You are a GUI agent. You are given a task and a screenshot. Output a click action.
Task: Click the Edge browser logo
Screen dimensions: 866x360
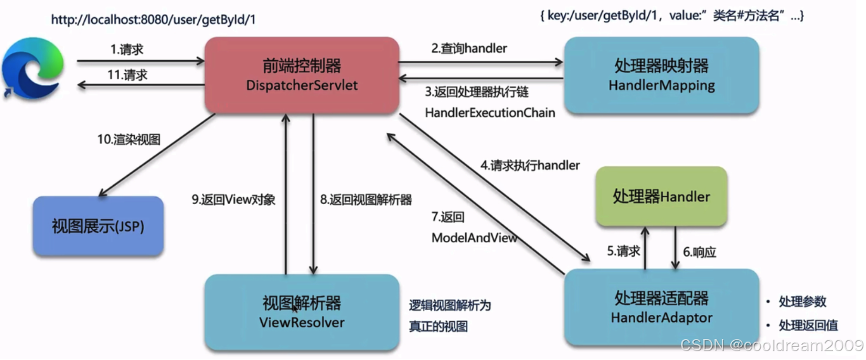(32, 68)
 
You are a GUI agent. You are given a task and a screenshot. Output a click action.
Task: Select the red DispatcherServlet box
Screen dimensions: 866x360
(302, 75)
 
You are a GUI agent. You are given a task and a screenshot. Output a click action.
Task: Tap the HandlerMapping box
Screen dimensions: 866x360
(661, 75)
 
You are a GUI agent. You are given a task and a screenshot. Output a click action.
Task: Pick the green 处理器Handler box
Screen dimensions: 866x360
(661, 196)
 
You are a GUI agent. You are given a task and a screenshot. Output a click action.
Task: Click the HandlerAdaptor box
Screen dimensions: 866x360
(661, 307)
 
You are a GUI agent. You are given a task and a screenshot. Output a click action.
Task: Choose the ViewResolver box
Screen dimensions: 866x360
(302, 312)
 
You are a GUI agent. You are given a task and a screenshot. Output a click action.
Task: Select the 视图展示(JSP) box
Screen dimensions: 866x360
(98, 226)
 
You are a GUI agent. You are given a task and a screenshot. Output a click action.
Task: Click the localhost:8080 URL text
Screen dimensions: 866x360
(153, 20)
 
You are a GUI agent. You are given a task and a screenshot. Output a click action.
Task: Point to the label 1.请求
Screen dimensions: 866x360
(127, 49)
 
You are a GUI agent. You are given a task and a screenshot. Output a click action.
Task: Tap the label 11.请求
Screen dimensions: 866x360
(127, 75)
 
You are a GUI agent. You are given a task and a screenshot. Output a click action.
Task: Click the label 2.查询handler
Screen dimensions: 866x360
(469, 48)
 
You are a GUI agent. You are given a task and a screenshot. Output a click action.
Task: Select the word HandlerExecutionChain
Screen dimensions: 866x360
(490, 113)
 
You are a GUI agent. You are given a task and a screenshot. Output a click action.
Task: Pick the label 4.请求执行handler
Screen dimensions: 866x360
(530, 165)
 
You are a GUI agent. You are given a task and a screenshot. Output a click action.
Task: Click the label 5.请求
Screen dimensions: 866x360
(623, 251)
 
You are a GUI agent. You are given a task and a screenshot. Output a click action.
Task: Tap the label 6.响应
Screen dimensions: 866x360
(699, 252)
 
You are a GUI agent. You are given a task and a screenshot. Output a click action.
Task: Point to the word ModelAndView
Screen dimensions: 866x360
(474, 238)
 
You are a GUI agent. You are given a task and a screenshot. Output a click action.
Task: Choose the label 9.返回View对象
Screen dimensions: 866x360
(233, 200)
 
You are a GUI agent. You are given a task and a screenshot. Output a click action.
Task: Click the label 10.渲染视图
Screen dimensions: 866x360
(129, 139)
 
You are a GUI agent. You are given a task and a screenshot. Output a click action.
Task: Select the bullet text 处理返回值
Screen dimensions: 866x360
(808, 325)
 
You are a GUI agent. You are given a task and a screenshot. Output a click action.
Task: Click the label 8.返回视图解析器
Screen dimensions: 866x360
(366, 200)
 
